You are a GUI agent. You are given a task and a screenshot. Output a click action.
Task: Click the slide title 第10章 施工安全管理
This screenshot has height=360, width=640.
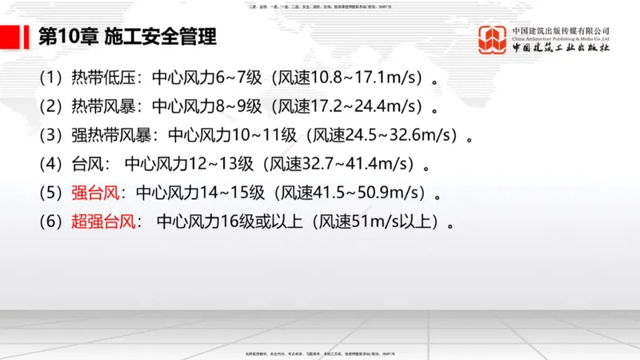pyautogui.click(x=127, y=37)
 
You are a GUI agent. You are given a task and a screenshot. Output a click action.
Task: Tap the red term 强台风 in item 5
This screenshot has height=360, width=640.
pyautogui.click(x=94, y=193)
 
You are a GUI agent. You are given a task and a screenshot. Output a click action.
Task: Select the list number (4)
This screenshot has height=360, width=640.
pyautogui.click(x=50, y=165)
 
